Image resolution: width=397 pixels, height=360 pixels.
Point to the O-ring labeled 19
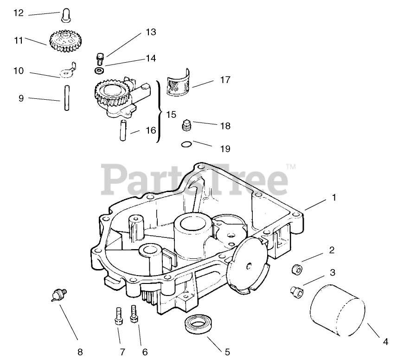(x=186, y=145)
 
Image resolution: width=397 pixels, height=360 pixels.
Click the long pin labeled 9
(x=67, y=99)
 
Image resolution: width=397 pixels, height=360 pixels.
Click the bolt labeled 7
(x=118, y=317)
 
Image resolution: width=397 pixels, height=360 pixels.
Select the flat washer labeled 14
(x=99, y=70)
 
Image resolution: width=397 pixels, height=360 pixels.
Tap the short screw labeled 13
(x=99, y=58)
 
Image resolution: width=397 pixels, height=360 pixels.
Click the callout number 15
(x=171, y=114)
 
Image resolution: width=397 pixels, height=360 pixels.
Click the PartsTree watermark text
(x=195, y=179)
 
